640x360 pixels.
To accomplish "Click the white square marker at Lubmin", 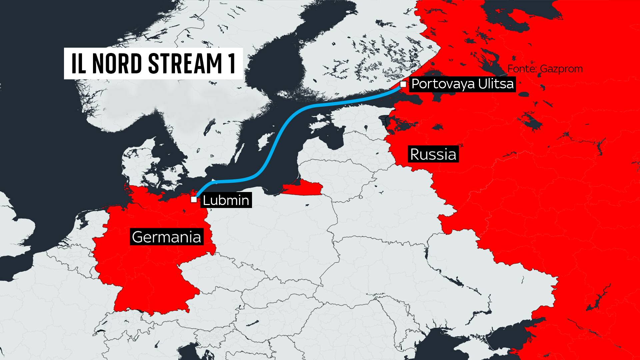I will (x=194, y=200).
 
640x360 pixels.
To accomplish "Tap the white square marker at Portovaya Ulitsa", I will (x=403, y=84).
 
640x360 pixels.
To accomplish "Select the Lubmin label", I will (x=226, y=200).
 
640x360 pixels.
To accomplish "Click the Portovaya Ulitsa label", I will (x=462, y=84).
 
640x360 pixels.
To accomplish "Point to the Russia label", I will (x=433, y=154).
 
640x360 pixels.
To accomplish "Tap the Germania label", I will (x=166, y=237).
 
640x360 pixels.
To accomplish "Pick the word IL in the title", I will (x=79, y=63).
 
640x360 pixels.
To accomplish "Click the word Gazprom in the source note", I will (x=561, y=69).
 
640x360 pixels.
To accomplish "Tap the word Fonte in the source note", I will (x=521, y=69).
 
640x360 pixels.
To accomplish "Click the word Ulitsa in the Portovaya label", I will (x=496, y=84).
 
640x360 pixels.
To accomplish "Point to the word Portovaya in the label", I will (x=443, y=84).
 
